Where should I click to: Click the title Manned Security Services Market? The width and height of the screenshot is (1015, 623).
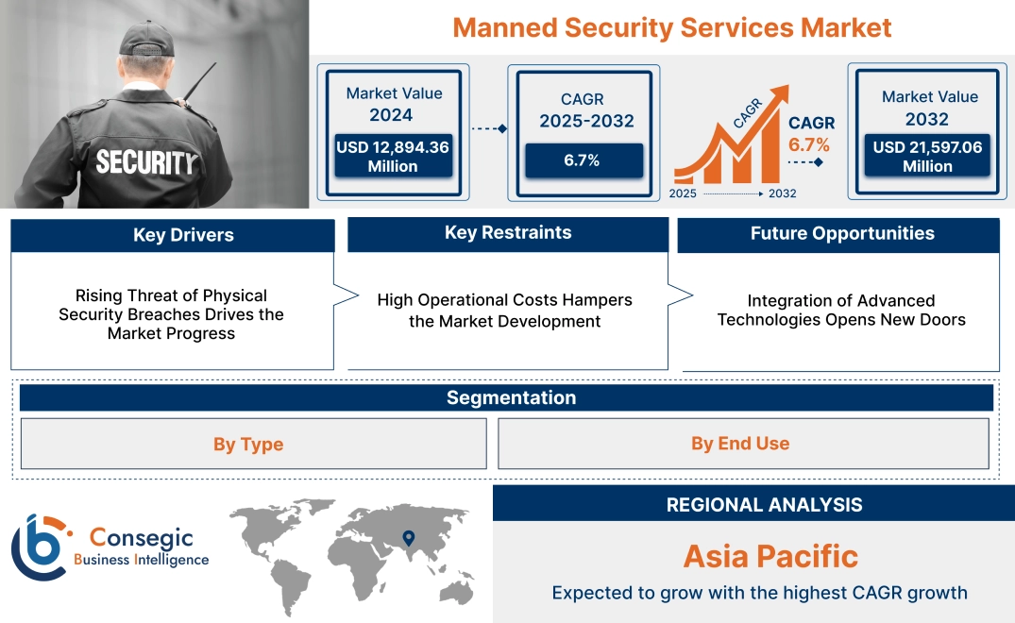(x=671, y=27)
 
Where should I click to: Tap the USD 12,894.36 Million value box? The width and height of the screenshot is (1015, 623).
(x=393, y=157)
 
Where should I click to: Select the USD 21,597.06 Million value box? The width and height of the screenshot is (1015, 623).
(x=927, y=157)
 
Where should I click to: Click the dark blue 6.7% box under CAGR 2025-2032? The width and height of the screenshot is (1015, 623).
(x=583, y=160)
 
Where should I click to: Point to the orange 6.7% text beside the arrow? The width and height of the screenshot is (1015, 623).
(x=808, y=144)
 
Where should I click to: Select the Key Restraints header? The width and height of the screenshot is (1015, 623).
(x=508, y=233)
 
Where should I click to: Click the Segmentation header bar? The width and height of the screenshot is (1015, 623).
(x=510, y=397)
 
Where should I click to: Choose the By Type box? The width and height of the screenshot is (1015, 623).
(x=248, y=445)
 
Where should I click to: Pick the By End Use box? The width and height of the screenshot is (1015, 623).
(x=740, y=444)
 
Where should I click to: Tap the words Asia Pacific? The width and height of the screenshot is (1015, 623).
(x=770, y=556)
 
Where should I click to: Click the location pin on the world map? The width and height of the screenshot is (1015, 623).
(x=408, y=538)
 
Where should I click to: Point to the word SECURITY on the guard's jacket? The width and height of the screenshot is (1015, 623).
(x=145, y=162)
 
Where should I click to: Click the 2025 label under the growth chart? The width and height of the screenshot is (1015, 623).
(x=684, y=194)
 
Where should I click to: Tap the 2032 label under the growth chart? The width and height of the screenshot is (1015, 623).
(x=782, y=194)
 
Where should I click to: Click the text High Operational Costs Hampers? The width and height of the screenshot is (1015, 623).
(x=504, y=300)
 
